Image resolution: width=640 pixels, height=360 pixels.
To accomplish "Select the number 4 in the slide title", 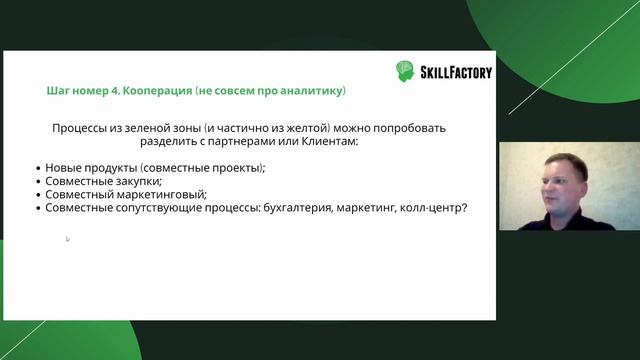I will (x=111, y=91).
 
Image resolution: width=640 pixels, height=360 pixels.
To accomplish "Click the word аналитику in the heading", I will (x=312, y=91).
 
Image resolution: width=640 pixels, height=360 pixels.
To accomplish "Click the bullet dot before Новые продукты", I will (x=37, y=168).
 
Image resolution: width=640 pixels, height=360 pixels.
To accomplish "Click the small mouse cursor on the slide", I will (x=67, y=239).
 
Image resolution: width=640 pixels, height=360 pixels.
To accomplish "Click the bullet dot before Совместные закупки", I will (x=37, y=182).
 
